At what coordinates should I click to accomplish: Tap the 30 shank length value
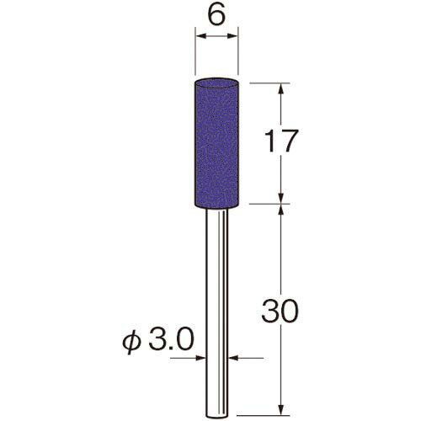[x=280, y=311]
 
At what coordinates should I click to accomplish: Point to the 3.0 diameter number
[x=171, y=339]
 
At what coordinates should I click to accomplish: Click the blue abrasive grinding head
[x=216, y=144]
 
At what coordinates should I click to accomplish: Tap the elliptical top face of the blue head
[x=216, y=83]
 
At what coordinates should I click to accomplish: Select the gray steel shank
[x=217, y=314]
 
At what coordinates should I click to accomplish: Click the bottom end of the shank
[x=217, y=417]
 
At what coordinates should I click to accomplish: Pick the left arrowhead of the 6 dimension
[x=200, y=36]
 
